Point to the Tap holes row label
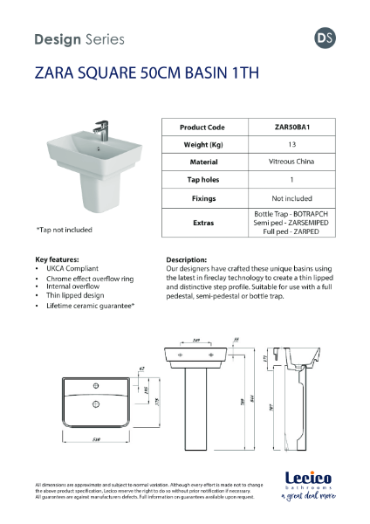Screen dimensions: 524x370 202,180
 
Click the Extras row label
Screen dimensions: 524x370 202,224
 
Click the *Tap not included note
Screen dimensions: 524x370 66,230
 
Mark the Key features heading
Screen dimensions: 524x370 57,259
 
